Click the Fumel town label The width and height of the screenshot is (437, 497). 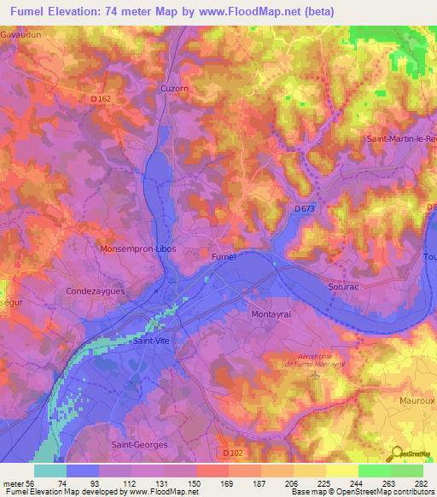coord(224,256)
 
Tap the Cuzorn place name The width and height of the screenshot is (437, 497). coord(174,88)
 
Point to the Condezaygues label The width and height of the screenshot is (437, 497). coord(96,291)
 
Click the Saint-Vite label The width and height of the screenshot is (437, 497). coord(151,341)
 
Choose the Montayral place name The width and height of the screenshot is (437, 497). coord(273,314)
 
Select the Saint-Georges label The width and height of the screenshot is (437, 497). coord(140,445)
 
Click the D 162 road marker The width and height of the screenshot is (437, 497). coord(102,99)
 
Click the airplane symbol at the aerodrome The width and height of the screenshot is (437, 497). coord(316,374)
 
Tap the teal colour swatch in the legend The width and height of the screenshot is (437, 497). coord(50,471)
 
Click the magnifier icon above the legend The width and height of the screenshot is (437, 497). coord(394,453)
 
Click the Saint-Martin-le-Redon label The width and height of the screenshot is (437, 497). coord(400,138)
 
